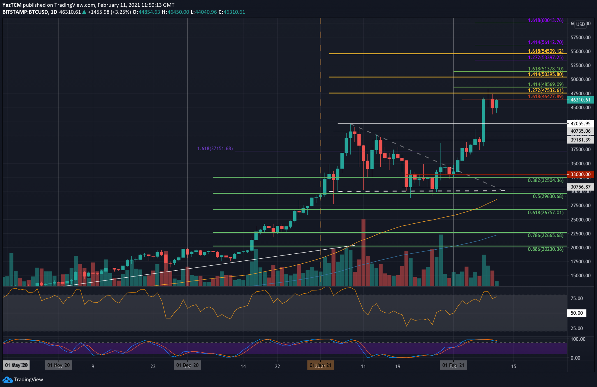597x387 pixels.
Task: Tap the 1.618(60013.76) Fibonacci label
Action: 545,20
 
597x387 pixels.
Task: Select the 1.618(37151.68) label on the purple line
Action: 215,149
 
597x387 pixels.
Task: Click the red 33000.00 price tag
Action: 580,174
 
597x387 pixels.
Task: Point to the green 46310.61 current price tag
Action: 580,100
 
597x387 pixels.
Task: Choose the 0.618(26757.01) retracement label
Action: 545,213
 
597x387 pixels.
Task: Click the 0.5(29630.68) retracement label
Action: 548,196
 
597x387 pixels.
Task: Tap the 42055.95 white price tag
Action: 580,124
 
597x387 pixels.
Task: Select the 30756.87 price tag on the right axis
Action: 580,187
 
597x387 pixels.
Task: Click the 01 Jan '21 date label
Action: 320,365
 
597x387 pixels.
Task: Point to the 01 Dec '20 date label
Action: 187,365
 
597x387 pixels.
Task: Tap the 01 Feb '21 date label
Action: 453,365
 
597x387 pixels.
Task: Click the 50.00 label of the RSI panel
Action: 576,313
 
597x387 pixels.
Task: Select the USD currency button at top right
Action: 580,24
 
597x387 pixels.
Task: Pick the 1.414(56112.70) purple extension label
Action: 545,42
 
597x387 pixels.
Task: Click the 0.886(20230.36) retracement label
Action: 545,249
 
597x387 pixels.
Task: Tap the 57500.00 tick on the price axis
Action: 580,38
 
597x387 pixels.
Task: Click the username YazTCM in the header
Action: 12,5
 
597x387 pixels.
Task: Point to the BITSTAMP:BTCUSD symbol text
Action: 25,12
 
